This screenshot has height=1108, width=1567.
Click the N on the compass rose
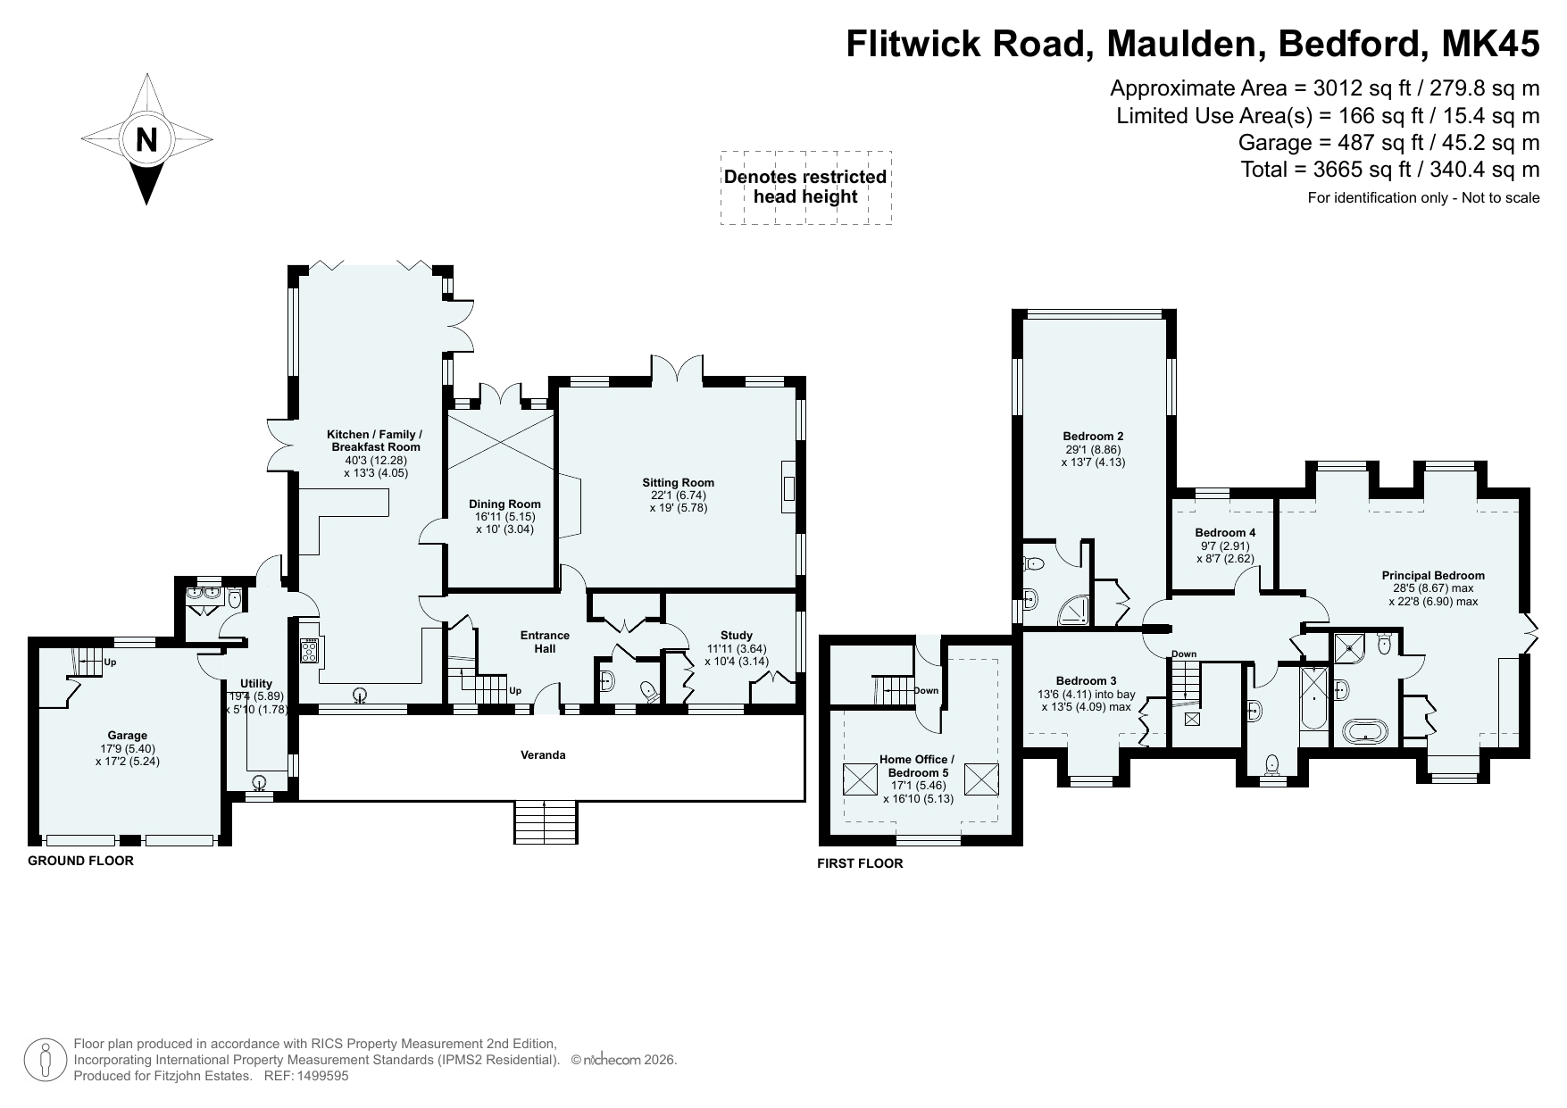click(x=146, y=140)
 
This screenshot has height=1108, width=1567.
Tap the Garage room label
click(x=128, y=736)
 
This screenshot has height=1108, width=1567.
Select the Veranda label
click(x=544, y=754)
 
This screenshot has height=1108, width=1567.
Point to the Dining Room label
click(x=505, y=504)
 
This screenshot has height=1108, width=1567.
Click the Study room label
click(x=737, y=636)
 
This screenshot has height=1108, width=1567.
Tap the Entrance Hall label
click(x=546, y=642)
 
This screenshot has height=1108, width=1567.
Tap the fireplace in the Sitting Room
click(x=788, y=487)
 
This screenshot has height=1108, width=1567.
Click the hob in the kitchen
click(x=310, y=650)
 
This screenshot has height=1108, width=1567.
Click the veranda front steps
click(x=546, y=822)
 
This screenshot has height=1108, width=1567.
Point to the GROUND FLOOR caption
click(x=81, y=861)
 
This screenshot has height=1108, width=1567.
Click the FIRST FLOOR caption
click(x=860, y=863)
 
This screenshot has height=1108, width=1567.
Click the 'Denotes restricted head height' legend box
click(x=805, y=187)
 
